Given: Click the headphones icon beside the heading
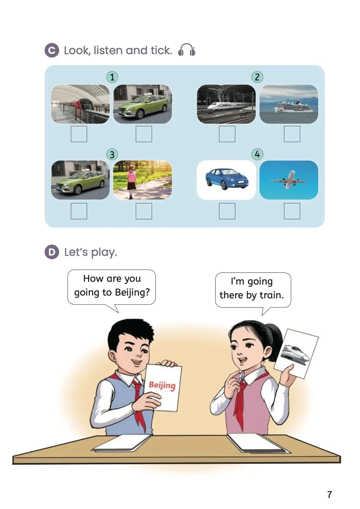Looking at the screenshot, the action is (x=187, y=50).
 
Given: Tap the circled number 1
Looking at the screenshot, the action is (x=112, y=77).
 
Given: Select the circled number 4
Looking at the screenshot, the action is (x=257, y=154).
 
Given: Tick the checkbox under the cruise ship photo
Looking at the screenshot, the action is (x=292, y=134).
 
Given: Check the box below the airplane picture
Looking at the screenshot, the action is (x=292, y=211).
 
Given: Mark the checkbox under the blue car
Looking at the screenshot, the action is (x=227, y=211).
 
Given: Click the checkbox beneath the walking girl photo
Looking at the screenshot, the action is (x=144, y=211).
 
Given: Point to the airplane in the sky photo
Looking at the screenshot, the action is (x=288, y=180).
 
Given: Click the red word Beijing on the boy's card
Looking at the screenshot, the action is (x=162, y=385).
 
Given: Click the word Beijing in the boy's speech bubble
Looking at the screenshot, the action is (x=132, y=293).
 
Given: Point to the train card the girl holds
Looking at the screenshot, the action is (x=296, y=354).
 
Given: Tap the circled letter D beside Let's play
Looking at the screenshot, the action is (x=52, y=252).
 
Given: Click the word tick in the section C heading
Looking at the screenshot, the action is (x=161, y=50).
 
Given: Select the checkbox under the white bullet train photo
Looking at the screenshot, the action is (x=227, y=134).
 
